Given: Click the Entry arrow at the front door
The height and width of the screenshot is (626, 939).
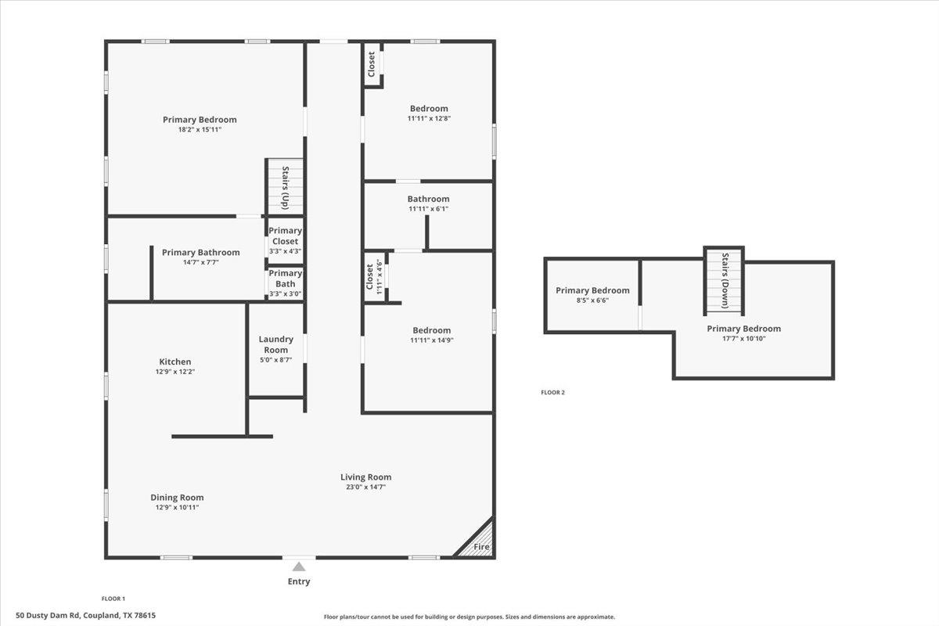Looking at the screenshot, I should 299,567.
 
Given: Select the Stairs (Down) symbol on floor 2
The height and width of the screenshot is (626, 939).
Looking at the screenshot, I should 724,280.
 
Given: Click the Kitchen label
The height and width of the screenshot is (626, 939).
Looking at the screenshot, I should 175,362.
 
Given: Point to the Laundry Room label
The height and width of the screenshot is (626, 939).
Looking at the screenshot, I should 276,344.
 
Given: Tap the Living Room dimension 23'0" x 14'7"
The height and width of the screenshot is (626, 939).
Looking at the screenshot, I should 365,487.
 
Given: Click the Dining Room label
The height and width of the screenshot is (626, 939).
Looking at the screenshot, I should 177,497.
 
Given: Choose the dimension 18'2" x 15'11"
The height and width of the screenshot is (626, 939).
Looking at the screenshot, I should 200,130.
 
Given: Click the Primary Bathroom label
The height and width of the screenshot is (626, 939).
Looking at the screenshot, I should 200,252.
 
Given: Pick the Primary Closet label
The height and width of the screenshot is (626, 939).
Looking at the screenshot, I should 285,236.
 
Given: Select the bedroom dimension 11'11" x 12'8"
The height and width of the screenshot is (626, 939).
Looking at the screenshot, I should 429,118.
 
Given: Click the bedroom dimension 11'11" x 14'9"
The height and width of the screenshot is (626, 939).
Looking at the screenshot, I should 431,340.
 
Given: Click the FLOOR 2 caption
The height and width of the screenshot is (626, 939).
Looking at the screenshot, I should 552,393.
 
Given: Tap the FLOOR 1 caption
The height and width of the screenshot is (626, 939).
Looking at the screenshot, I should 113,599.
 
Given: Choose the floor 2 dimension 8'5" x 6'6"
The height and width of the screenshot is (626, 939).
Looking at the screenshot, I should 592,300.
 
